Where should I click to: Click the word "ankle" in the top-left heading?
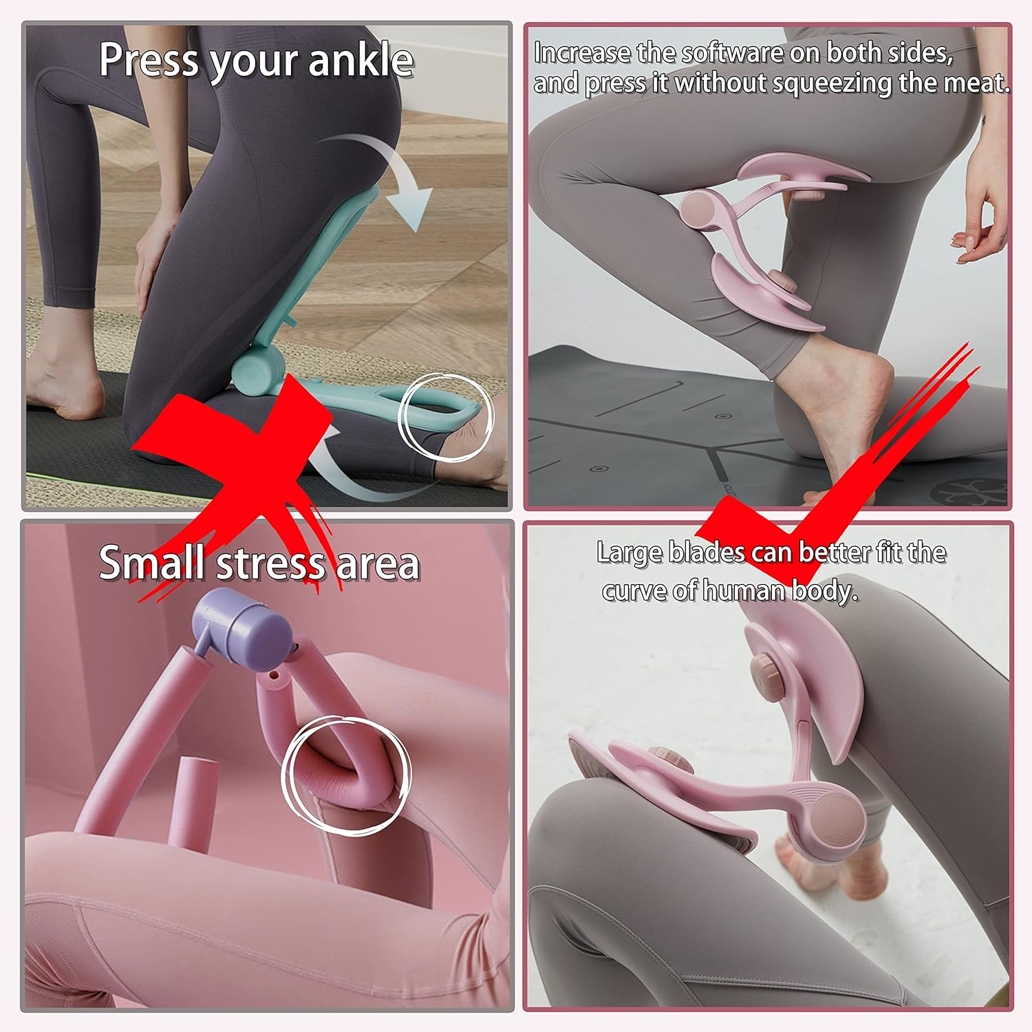tap(361, 60)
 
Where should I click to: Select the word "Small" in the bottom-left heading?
tap(153, 563)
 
